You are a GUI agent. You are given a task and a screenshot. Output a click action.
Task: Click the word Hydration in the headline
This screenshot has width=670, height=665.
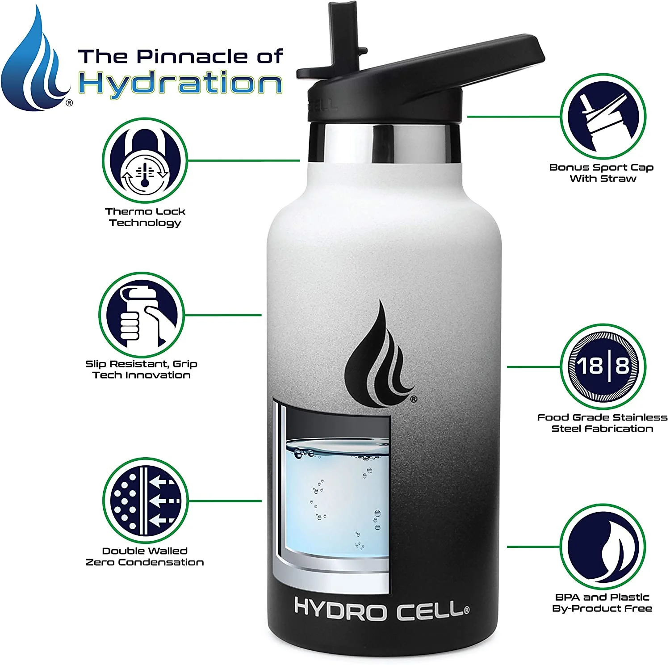(180, 84)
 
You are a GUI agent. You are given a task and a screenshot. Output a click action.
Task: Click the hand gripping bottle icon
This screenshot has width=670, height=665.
(141, 315)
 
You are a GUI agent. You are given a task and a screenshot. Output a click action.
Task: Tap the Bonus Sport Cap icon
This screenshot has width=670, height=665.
(603, 118)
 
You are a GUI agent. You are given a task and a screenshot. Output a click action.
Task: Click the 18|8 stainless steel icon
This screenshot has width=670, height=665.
(603, 367)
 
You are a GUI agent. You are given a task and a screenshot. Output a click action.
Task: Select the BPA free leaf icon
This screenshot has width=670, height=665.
(603, 546)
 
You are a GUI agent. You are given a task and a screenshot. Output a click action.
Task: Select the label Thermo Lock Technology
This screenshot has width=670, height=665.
(145, 217)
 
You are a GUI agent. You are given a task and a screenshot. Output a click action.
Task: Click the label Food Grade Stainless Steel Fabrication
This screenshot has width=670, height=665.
(602, 423)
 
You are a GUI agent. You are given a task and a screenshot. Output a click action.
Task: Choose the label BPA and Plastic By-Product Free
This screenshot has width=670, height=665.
(602, 602)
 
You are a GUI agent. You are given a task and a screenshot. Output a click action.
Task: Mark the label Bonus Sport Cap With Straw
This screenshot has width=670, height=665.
(602, 173)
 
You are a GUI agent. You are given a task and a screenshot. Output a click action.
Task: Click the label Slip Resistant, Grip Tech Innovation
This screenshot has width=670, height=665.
(141, 370)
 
